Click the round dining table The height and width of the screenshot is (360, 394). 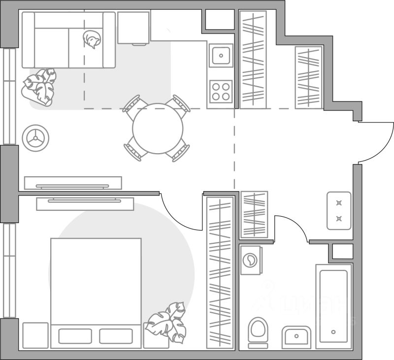click(158, 129)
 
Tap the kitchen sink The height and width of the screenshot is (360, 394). click(221, 55)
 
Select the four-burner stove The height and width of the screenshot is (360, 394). click(221, 91)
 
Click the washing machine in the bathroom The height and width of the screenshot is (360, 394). click(252, 261)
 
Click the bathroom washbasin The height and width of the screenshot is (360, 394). click(296, 337)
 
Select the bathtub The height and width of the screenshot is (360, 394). click(334, 305)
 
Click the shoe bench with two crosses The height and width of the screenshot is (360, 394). click(339, 211)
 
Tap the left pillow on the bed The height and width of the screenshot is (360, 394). click(75, 336)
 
